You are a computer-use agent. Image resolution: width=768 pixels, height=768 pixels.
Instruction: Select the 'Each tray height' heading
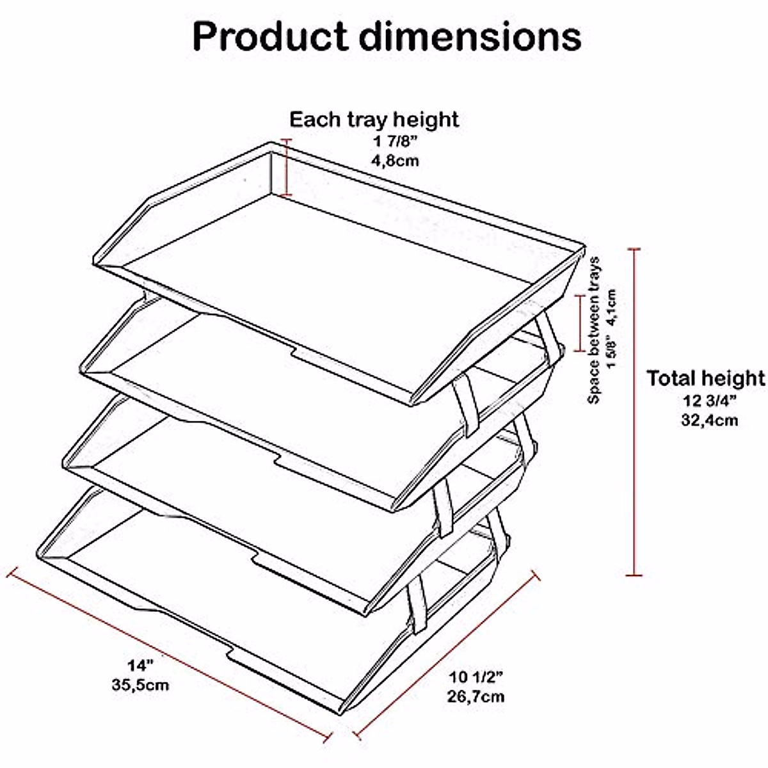pos(374,120)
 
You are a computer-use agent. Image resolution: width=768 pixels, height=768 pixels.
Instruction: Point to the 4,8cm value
pos(395,160)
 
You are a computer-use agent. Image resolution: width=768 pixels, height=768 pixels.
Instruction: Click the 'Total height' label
pos(705,378)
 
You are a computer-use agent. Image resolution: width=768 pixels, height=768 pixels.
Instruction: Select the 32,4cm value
pos(709,420)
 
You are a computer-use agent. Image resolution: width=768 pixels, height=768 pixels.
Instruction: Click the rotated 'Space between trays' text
pos(595,330)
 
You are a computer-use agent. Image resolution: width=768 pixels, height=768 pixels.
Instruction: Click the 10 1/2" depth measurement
pos(476,677)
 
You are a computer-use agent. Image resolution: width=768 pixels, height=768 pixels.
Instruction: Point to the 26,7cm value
pos(476,696)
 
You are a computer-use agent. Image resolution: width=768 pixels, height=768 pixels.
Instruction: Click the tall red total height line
pos(634,410)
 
